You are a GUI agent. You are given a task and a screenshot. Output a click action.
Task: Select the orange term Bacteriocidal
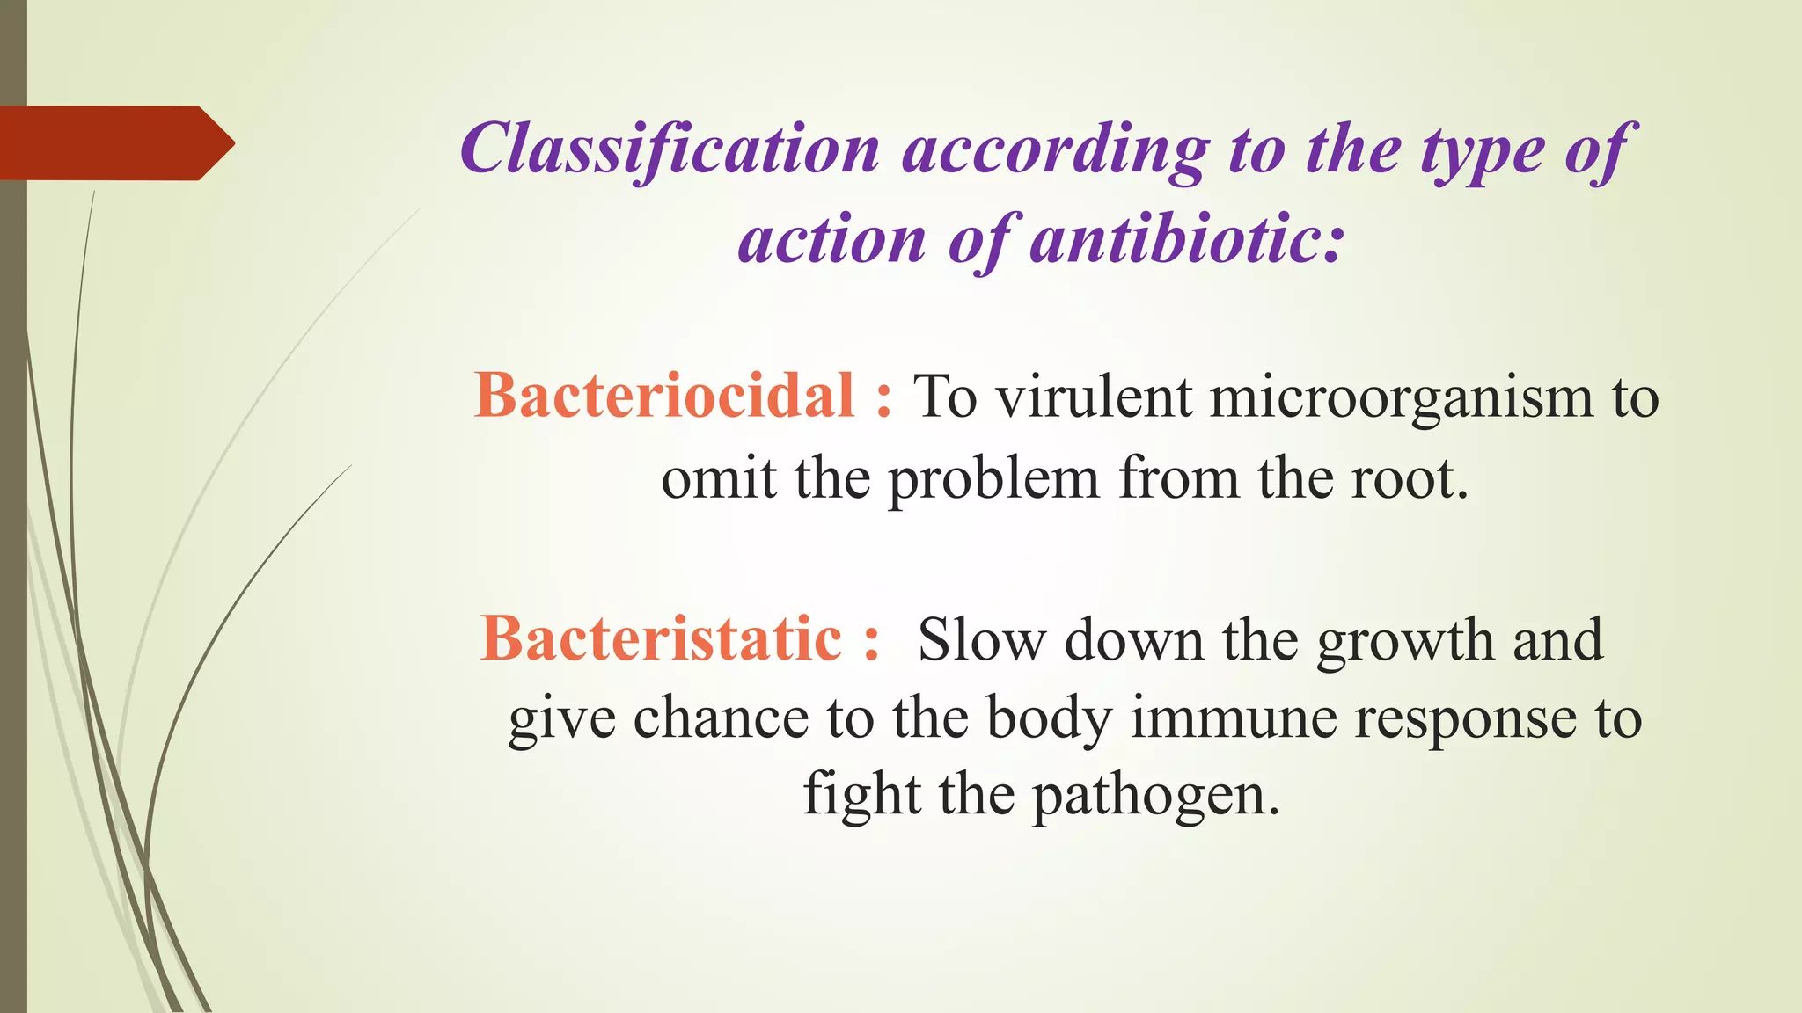click(x=664, y=396)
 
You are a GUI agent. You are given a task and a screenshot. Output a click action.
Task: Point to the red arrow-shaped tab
click(x=114, y=143)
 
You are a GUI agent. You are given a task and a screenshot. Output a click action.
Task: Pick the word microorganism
click(x=1401, y=398)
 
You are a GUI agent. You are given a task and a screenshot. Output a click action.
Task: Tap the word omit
click(x=718, y=479)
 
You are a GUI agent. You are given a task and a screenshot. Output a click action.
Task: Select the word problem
click(x=993, y=481)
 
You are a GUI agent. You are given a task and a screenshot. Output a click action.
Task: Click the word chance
click(x=720, y=718)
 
